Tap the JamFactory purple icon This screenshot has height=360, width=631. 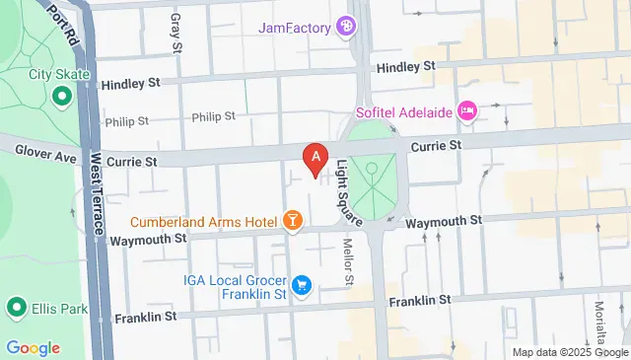[346, 26]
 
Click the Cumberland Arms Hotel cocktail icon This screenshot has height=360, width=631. [292, 220]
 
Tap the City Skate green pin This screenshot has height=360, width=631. [60, 96]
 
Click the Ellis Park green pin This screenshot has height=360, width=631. [17, 309]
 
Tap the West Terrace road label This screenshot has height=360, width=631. [96, 194]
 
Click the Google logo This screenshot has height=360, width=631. [33, 347]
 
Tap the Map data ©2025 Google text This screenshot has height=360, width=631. [569, 352]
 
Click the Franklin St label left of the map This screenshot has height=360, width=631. [145, 317]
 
